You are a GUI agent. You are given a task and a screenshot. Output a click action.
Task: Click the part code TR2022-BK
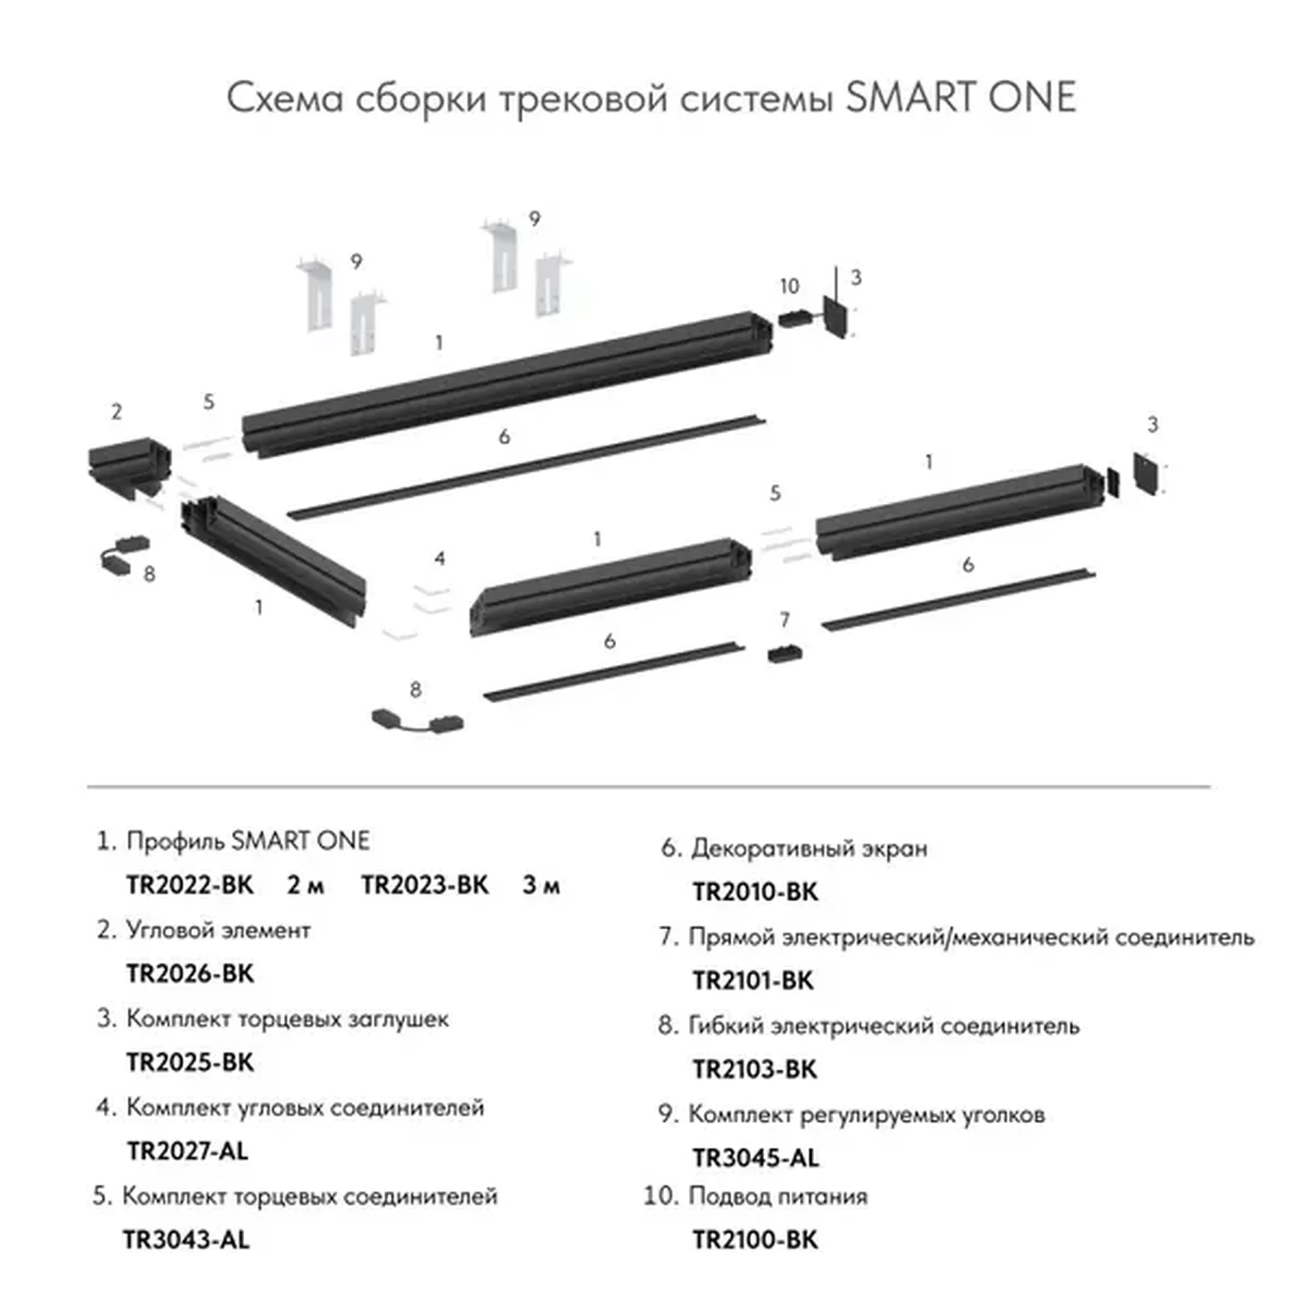[190, 885]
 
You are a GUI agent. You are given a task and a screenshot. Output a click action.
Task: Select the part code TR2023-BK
[425, 885]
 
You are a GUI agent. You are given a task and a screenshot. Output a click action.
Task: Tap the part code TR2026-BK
[190, 973]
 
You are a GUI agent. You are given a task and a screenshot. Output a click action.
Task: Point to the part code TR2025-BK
[190, 1062]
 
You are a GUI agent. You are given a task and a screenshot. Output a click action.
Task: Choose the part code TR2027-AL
[187, 1151]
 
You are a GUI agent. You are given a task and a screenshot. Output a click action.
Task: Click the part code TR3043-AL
[186, 1240]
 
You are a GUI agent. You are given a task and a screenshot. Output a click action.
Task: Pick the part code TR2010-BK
[756, 892]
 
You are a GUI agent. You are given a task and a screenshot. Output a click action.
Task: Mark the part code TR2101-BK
[753, 980]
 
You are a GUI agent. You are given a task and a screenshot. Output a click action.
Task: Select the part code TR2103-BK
[755, 1069]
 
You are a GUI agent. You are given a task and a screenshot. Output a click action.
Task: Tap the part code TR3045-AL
[756, 1158]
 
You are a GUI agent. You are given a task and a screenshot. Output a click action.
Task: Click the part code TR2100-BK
[756, 1240]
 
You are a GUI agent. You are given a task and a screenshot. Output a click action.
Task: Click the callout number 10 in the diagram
[789, 286]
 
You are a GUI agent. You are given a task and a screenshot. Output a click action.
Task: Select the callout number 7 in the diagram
[785, 620]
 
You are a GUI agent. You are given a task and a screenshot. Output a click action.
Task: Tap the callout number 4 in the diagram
[440, 559]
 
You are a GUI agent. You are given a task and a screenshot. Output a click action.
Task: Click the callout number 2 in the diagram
[116, 412]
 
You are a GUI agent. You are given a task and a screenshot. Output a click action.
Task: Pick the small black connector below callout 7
[785, 653]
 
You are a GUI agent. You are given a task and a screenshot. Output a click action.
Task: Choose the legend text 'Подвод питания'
[778, 1197]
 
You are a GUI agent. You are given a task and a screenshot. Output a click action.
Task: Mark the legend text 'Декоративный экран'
[809, 848]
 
